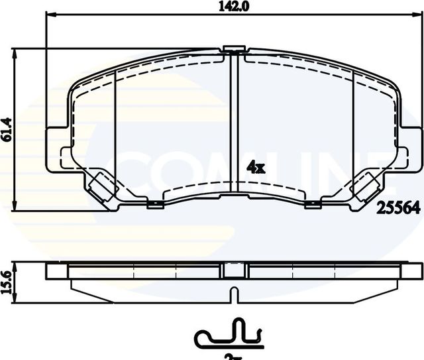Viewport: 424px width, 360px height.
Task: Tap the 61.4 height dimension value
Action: tap(7, 130)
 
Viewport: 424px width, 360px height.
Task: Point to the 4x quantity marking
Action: tap(255, 168)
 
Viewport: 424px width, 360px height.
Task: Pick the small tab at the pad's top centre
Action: tap(233, 48)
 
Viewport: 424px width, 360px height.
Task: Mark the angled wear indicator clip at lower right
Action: tap(365, 186)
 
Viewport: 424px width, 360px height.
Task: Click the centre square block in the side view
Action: tap(233, 269)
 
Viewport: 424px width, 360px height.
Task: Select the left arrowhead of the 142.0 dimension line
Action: tap(48, 14)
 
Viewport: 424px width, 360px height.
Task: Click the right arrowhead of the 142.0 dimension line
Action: tap(419, 14)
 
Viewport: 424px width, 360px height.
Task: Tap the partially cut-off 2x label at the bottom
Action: tap(231, 357)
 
